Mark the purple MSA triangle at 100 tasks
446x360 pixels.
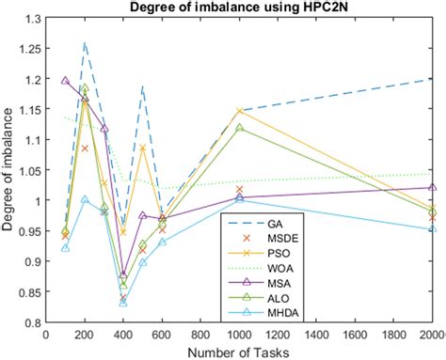coord(65,81)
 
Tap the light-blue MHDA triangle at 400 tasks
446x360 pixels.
coord(123,302)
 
